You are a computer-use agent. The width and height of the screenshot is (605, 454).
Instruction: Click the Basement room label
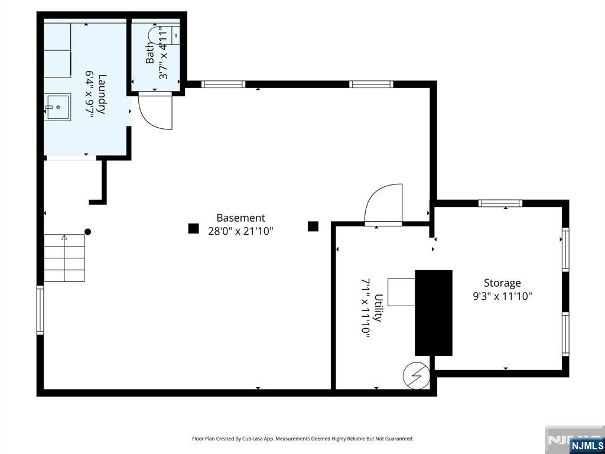tap(241, 218)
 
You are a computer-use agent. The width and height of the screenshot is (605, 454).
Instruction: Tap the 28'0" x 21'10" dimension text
tap(241, 231)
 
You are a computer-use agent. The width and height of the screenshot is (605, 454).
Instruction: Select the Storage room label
tap(502, 283)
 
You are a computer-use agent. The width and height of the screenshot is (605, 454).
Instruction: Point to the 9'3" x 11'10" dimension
tap(502, 297)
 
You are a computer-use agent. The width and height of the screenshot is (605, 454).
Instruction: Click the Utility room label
tap(379, 307)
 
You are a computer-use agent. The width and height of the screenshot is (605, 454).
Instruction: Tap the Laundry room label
tap(102, 94)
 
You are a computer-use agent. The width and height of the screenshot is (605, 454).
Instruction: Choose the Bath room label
tap(149, 53)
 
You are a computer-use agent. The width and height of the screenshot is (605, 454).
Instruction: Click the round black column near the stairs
tap(87, 232)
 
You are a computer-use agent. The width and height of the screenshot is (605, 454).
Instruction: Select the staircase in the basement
tap(64, 258)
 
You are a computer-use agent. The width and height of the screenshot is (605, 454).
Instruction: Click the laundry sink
tap(57, 107)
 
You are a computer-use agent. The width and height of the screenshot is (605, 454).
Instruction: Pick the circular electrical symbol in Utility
tap(417, 375)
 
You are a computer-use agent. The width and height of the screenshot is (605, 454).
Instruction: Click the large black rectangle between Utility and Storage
tap(433, 313)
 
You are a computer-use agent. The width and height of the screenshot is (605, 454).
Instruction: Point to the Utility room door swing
tap(383, 204)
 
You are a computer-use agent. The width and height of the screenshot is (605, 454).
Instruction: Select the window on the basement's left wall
tap(40, 310)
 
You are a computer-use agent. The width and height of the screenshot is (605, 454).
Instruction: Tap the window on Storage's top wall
tap(500, 203)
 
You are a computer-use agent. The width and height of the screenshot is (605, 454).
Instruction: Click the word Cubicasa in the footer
tap(253, 439)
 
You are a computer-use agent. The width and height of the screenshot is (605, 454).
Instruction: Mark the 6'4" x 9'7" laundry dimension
tap(90, 94)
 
